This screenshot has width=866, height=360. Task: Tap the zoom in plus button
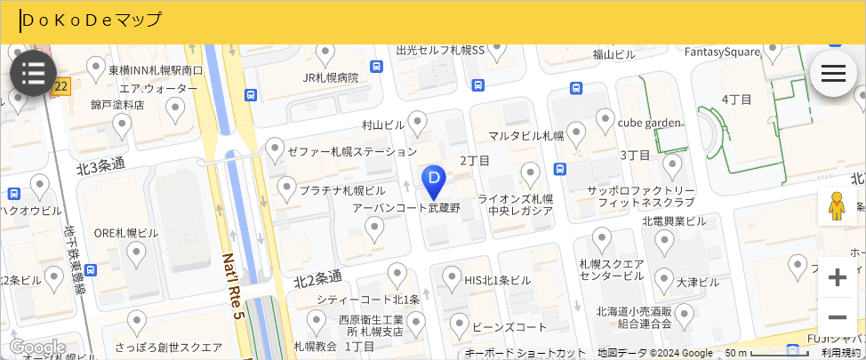click(x=837, y=278)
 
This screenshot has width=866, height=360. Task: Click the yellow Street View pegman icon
click(x=837, y=207)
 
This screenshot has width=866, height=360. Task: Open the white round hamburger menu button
click(x=833, y=73)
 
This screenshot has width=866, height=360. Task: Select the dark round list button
click(x=34, y=73)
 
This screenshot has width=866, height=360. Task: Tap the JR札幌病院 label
click(x=330, y=77)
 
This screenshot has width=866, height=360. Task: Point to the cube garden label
click(x=649, y=122)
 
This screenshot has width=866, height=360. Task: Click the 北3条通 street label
click(x=100, y=165)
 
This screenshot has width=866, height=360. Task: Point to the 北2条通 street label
click(x=318, y=278)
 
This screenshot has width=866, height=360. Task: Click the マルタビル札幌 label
click(x=526, y=136)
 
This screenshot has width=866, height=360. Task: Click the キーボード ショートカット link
click(x=525, y=353)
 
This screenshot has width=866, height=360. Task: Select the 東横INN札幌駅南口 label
click(x=156, y=70)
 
